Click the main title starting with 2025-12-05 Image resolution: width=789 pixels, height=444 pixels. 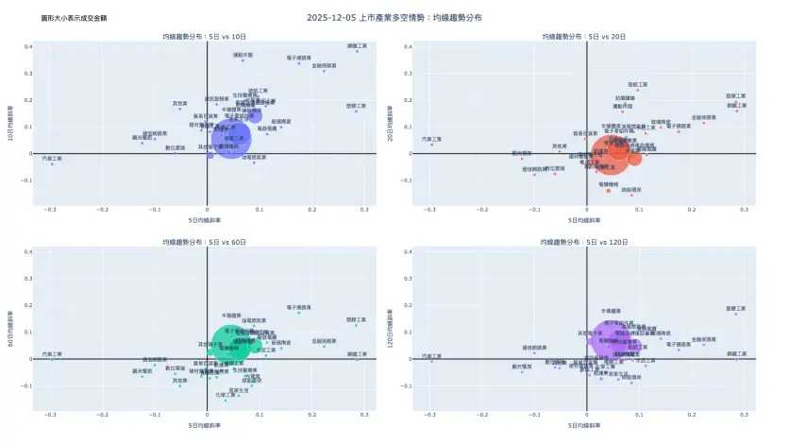394,17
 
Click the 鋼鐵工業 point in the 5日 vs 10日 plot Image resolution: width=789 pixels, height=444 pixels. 357,51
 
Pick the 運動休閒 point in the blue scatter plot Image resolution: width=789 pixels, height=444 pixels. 243,60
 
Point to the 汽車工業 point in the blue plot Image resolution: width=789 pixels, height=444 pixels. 52,164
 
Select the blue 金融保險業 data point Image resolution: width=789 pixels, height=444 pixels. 324,71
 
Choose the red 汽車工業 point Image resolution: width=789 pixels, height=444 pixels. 430,145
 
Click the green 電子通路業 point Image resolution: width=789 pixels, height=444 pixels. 299,313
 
